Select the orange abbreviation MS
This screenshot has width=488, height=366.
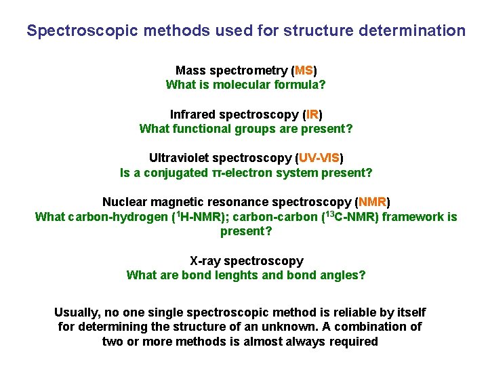pyautogui.click(x=304, y=70)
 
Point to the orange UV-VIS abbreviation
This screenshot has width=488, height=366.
pyautogui.click(x=319, y=159)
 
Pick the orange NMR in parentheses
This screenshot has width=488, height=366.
pyautogui.click(x=372, y=203)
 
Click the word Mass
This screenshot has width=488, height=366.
pyautogui.click(x=190, y=70)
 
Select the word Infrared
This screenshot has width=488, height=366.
pyautogui.click(x=195, y=115)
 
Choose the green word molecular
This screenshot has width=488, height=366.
pyautogui.click(x=241, y=85)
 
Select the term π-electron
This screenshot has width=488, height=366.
pyautogui.click(x=241, y=173)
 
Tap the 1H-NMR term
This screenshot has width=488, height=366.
pyautogui.click(x=194, y=217)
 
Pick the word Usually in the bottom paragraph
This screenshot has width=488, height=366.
pyautogui.click(x=76, y=312)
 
